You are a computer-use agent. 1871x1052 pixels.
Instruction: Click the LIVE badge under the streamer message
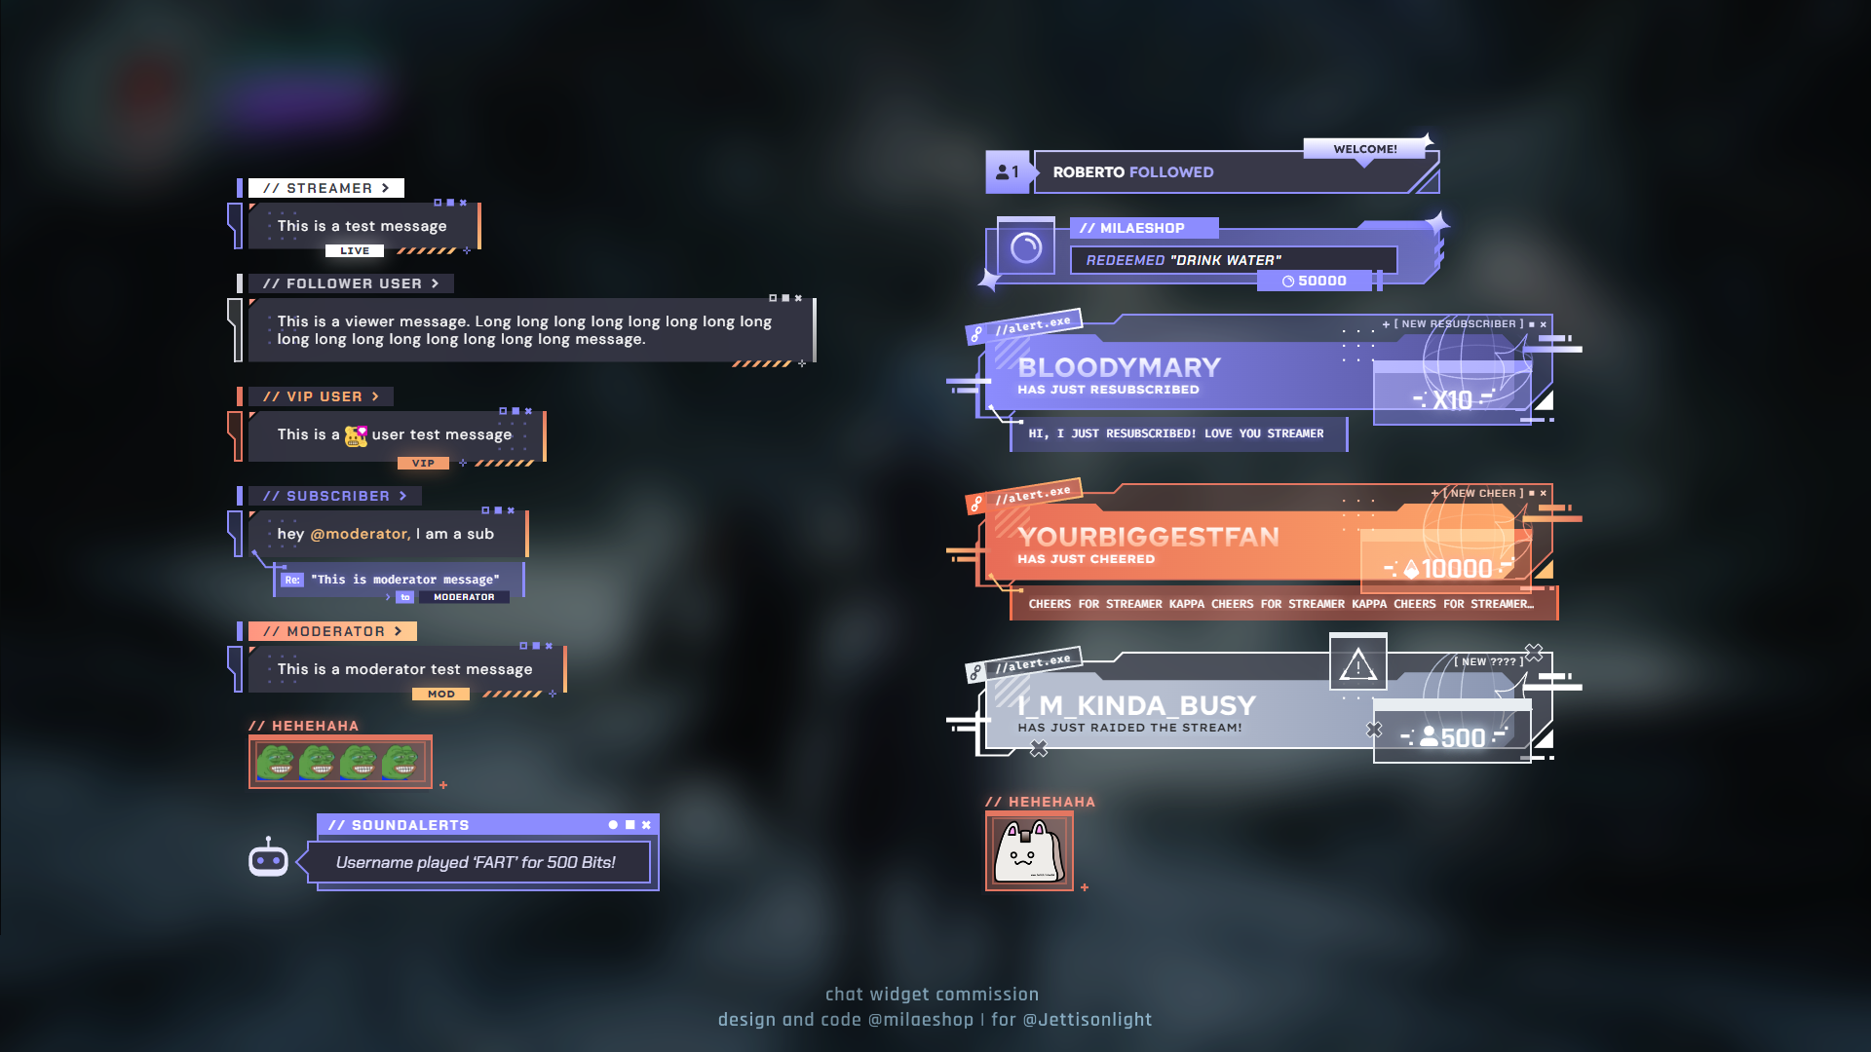(355, 251)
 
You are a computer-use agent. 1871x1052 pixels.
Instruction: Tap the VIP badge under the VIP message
(423, 464)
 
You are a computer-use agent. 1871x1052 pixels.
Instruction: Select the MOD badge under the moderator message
(440, 695)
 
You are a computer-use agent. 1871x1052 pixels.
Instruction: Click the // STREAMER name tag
(325, 188)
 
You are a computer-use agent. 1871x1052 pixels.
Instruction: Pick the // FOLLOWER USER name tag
(351, 283)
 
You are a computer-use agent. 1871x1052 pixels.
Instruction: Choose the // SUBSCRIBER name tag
(334, 496)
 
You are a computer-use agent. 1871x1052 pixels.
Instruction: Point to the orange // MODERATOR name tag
(332, 631)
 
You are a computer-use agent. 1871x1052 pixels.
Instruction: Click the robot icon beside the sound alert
(268, 859)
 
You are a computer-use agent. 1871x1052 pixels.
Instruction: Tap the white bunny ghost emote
(1028, 851)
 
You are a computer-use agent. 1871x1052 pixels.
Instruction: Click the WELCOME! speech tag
(1364, 149)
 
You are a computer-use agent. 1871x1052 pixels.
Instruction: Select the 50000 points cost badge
(1315, 282)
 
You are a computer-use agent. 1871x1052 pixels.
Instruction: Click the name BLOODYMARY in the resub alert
(1119, 367)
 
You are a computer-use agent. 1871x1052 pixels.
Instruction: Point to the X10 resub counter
(1451, 400)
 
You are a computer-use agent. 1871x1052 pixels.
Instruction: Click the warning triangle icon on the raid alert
(1357, 666)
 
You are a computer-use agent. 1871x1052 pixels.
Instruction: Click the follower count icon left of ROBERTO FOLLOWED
(1008, 172)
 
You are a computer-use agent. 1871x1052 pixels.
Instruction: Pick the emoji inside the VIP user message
(356, 435)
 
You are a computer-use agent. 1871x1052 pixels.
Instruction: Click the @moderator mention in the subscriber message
(361, 534)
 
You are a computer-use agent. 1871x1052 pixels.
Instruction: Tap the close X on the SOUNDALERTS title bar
(646, 825)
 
